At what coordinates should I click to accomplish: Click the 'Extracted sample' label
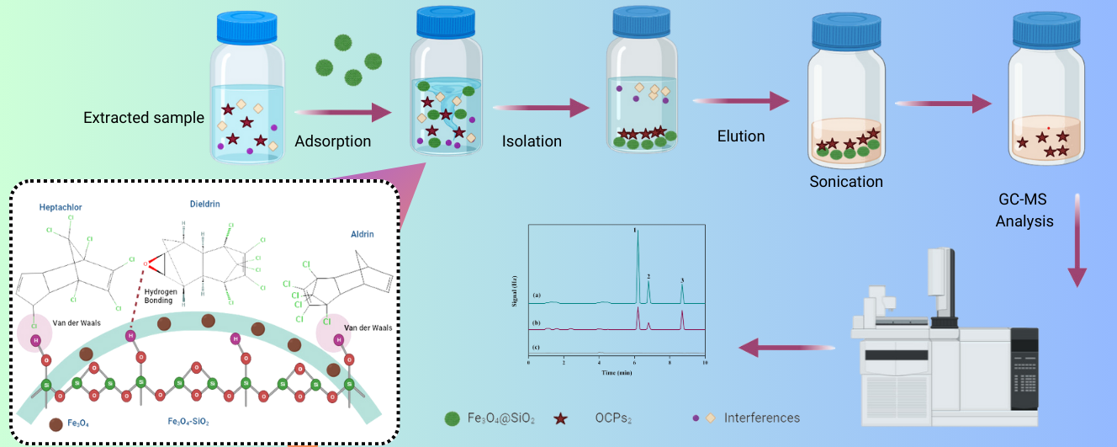click(x=144, y=118)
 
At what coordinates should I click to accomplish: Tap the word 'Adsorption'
click(x=332, y=141)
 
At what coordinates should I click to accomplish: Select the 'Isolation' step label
click(x=532, y=141)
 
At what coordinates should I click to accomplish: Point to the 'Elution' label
click(x=741, y=136)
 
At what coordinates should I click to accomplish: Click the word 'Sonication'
click(x=846, y=182)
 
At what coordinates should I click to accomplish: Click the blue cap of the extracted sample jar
click(x=247, y=29)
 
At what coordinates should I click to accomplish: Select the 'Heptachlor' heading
click(x=61, y=207)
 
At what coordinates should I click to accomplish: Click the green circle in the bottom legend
click(x=453, y=418)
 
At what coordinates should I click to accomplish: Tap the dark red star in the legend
click(x=558, y=418)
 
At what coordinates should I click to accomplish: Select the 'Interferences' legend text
click(x=762, y=418)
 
